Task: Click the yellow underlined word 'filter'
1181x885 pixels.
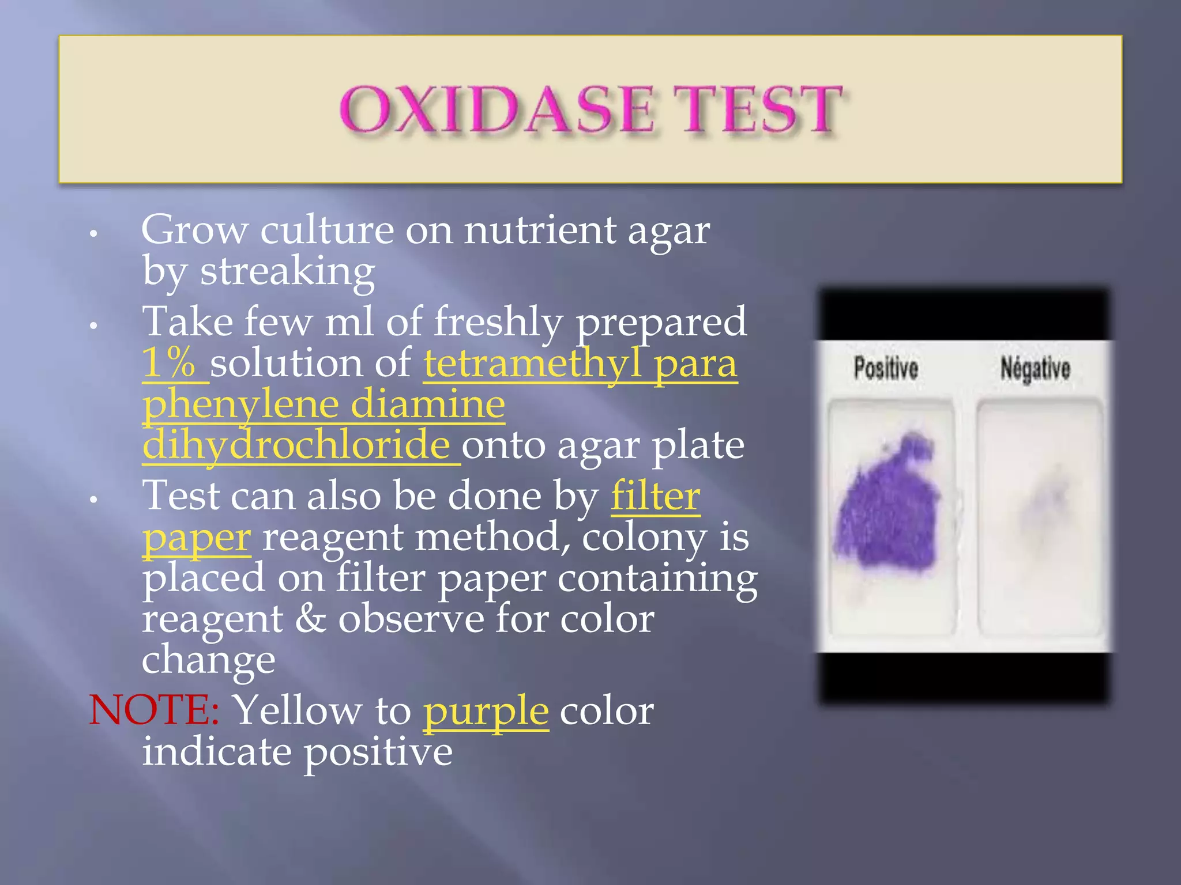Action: tap(656, 496)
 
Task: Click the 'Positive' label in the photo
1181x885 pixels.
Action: tap(886, 368)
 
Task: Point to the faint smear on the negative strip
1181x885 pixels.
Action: tap(1044, 501)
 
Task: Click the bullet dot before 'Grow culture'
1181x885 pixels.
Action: tap(93, 234)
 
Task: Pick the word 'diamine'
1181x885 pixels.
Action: tap(428, 404)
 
